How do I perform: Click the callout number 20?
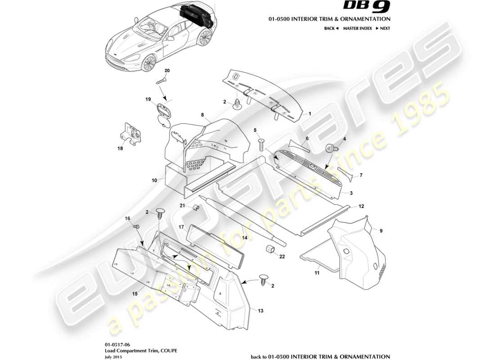[x=167, y=71]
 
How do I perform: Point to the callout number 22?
[x=283, y=257]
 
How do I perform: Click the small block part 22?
[x=270, y=249]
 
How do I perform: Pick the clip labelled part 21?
[x=196, y=208]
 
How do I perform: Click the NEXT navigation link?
[x=382, y=28]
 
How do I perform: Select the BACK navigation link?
[x=331, y=28]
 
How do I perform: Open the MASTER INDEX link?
[x=357, y=28]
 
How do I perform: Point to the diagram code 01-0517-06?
[x=115, y=343]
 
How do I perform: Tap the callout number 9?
[x=381, y=231]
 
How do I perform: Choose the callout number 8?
[x=203, y=115]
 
